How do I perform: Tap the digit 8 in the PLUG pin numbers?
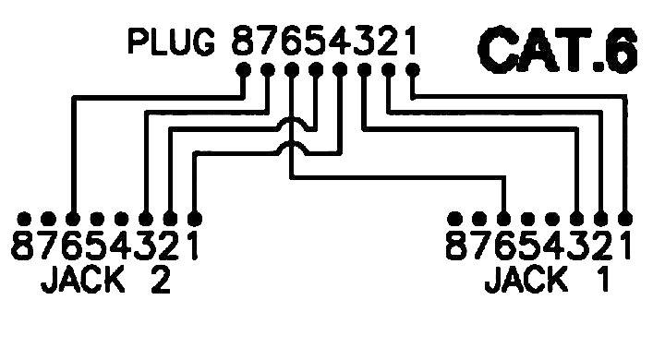243,42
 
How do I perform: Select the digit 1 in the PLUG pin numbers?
411,42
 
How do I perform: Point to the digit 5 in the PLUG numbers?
315,42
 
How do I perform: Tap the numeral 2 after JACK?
156,279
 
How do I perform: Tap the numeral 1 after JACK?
600,279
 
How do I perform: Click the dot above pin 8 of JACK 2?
25,220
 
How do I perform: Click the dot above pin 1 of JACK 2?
194,220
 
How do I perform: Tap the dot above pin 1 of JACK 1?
625,220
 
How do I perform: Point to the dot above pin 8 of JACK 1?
456,220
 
